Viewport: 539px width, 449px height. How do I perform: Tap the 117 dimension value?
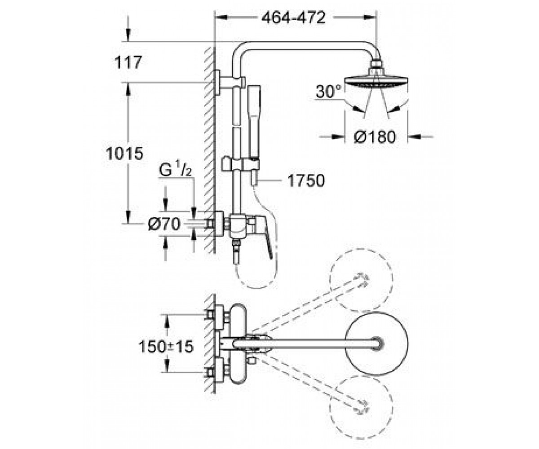click(128, 62)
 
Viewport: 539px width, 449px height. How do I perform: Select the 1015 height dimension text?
click(124, 153)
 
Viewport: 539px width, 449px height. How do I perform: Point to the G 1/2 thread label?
click(175, 168)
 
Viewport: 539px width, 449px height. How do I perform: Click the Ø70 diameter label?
click(164, 224)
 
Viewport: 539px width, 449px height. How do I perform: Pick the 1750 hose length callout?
click(306, 180)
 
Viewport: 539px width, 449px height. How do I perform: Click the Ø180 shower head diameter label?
click(375, 136)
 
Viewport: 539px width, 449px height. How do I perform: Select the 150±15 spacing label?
click(166, 347)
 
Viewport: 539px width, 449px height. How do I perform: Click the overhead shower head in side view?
click(376, 79)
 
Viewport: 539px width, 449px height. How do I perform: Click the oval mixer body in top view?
click(238, 344)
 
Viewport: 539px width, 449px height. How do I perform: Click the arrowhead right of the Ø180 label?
click(414, 136)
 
